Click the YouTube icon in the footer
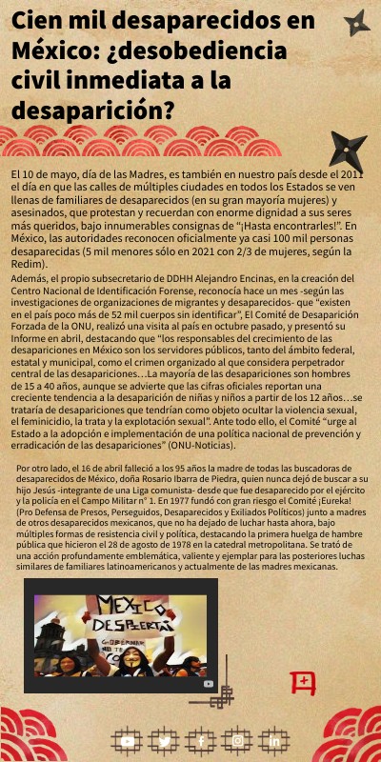[x=127, y=740]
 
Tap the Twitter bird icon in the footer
[x=164, y=740]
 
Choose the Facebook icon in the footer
[x=201, y=740]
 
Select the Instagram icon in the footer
[x=238, y=740]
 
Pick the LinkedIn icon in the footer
[x=275, y=740]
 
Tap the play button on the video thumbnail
[x=209, y=683]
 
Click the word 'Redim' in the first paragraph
[x=29, y=264]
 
